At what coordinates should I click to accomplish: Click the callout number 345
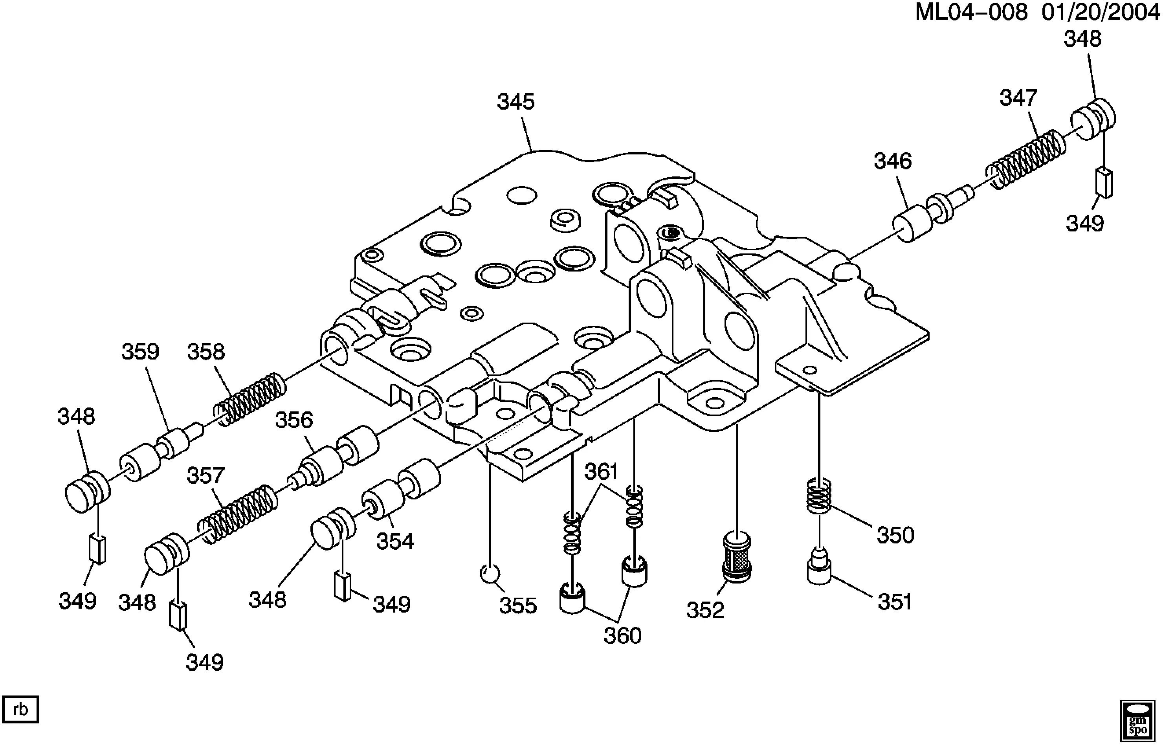(516, 102)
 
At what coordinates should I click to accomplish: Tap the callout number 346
(893, 161)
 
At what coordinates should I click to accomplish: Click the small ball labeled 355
(490, 574)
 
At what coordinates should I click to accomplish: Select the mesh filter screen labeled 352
(736, 556)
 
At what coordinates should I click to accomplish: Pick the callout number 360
(622, 636)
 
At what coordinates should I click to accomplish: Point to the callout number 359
(140, 352)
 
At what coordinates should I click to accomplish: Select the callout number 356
(294, 420)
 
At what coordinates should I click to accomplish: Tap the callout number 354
(395, 541)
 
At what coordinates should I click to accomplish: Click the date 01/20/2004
(1100, 12)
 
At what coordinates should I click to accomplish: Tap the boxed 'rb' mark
(20, 709)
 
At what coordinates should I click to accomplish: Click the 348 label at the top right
(1082, 39)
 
